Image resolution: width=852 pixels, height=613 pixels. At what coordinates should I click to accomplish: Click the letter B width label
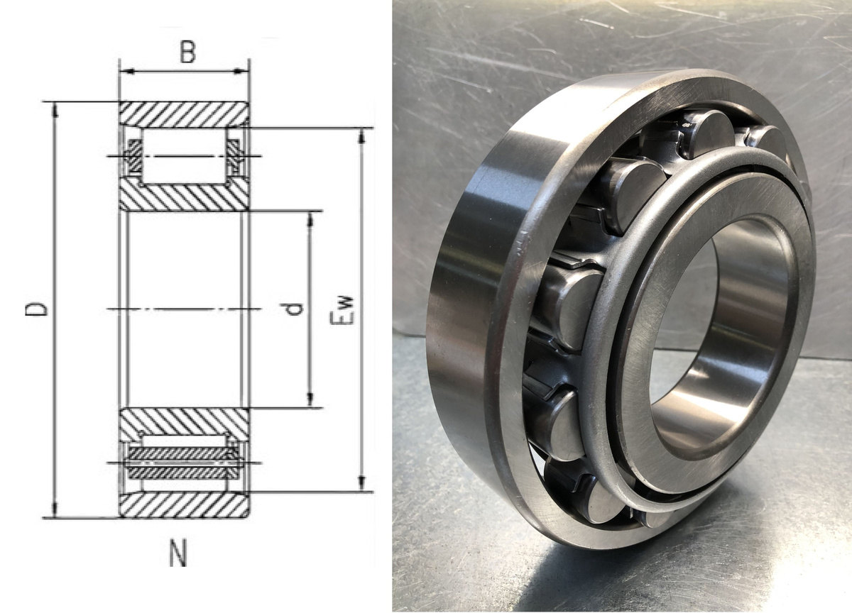click(187, 52)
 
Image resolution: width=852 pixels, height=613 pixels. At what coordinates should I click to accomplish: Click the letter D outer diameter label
click(36, 309)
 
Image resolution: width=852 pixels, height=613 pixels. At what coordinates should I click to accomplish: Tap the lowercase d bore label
click(294, 309)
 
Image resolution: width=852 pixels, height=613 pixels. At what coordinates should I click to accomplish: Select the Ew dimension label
click(342, 310)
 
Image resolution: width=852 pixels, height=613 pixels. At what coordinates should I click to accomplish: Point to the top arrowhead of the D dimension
click(55, 109)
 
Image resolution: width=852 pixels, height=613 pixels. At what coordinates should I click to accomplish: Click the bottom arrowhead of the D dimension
click(55, 510)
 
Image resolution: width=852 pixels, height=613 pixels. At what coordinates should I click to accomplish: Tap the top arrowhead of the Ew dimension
click(361, 136)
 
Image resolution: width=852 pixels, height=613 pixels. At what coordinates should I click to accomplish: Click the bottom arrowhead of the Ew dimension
click(361, 484)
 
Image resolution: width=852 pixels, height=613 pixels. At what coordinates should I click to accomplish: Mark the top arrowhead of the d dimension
click(310, 219)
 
